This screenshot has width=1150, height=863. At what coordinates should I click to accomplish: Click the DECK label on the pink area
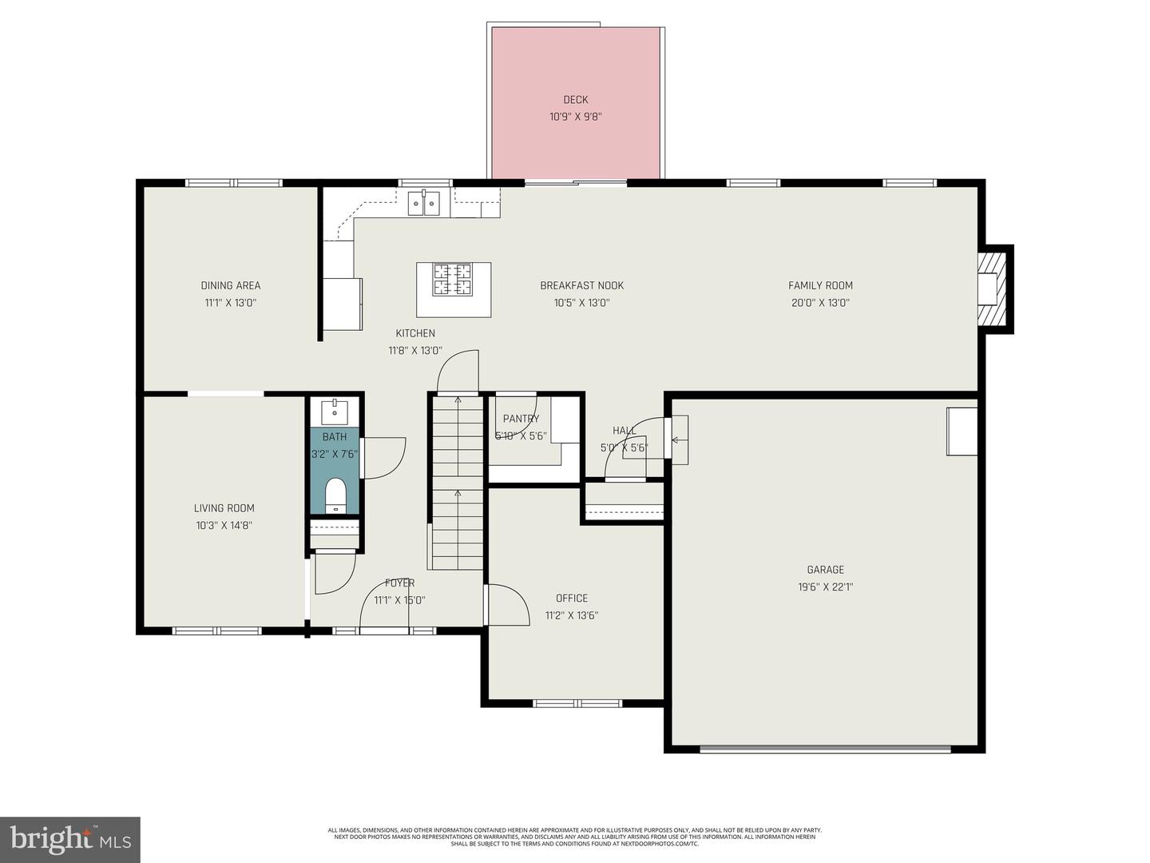tap(575, 100)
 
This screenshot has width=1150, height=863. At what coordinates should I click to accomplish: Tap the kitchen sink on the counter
tap(423, 204)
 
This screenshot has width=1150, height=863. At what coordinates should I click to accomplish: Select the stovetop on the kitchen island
tap(453, 280)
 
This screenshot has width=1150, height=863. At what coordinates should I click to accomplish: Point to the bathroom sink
tap(335, 412)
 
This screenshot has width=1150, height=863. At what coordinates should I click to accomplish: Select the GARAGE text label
tap(825, 570)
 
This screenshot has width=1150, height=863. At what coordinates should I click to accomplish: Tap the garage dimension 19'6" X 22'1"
tap(825, 587)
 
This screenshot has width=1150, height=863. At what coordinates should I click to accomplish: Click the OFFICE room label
tap(572, 599)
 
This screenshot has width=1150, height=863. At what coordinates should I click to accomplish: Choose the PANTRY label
tap(521, 419)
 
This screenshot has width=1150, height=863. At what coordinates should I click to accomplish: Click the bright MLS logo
tap(70, 839)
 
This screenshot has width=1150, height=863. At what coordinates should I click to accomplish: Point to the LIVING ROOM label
tap(224, 508)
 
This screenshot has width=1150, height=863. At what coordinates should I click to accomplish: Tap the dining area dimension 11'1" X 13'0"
tap(230, 303)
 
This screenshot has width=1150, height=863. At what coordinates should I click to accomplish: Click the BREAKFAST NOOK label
tap(581, 285)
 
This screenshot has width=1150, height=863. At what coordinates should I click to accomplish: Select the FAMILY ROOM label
tap(820, 285)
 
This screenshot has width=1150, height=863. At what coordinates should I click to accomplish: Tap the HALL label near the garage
tap(625, 431)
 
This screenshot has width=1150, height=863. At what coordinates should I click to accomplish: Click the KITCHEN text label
tap(415, 333)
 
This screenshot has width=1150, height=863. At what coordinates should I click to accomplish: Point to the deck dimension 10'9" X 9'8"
tap(575, 117)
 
